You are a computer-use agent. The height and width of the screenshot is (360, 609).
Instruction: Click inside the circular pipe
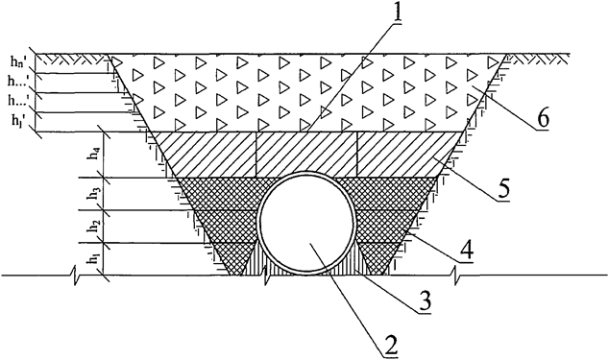[307, 226]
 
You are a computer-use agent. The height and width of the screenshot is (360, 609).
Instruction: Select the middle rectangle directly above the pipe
[306, 154]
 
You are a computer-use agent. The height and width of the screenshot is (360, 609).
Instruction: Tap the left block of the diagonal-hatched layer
[207, 154]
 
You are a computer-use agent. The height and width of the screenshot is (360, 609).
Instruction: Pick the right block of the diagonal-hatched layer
[403, 154]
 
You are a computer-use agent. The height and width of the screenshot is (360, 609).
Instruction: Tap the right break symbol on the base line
[461, 276]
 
